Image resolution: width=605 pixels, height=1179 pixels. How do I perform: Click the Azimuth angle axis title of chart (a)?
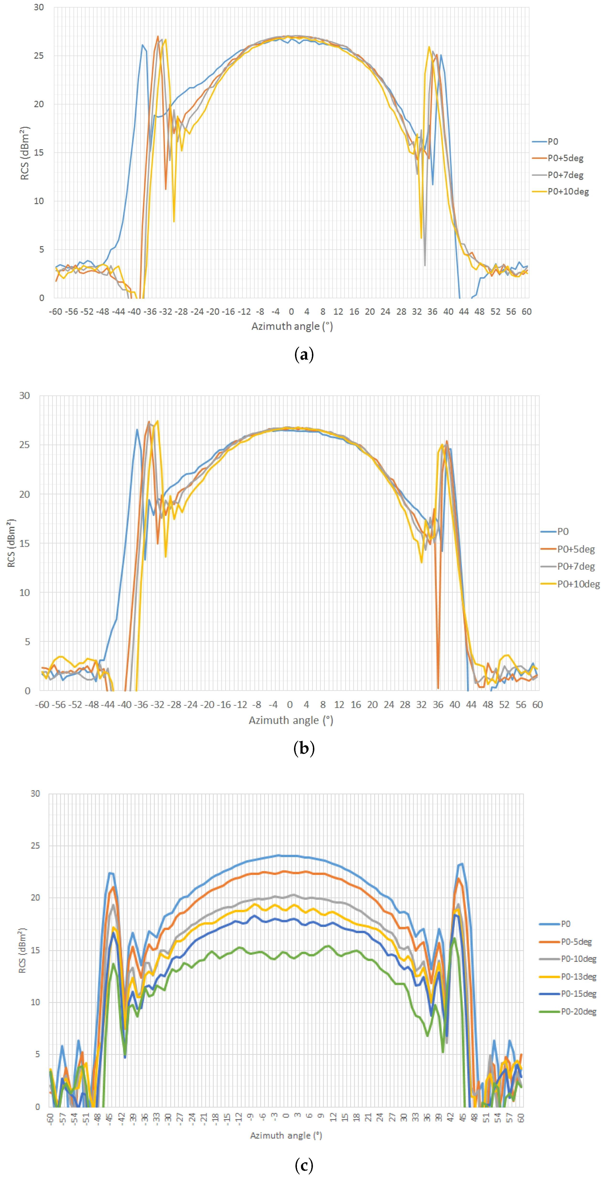tap(292, 326)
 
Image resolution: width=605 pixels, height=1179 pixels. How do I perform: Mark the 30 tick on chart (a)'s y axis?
tap(39, 7)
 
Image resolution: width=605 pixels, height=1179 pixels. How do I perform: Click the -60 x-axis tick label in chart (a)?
tap(55, 312)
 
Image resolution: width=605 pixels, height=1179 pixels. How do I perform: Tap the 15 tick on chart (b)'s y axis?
tap(24, 543)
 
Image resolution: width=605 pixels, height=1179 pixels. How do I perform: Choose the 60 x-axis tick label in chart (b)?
tap(537, 705)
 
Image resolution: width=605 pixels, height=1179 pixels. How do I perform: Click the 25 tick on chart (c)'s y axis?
tap(35, 846)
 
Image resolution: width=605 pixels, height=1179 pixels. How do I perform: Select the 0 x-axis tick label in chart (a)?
tap(291, 312)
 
